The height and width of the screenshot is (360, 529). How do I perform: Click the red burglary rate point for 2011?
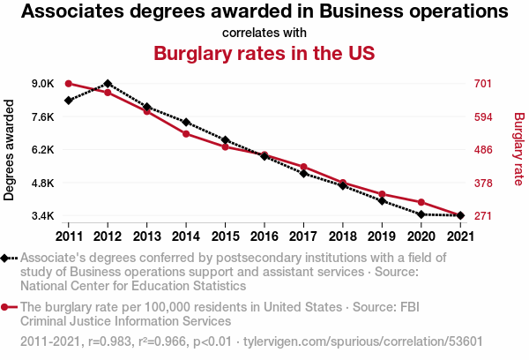click(69, 84)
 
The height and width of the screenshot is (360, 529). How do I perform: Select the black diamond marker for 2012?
click(108, 84)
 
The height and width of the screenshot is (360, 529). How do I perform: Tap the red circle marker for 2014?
click(186, 134)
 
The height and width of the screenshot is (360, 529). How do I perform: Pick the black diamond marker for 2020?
click(421, 214)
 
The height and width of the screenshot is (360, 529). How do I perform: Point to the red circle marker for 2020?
click(421, 202)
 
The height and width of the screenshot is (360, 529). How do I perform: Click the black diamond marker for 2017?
click(303, 174)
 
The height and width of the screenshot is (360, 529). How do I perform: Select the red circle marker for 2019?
click(382, 194)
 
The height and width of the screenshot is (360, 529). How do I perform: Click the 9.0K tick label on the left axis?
click(43, 84)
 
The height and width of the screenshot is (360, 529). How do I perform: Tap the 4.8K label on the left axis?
click(43, 183)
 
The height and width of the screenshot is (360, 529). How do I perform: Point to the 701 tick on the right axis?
click(483, 84)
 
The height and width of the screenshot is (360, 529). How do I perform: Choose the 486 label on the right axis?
click(483, 150)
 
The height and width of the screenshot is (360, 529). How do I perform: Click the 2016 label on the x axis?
click(264, 236)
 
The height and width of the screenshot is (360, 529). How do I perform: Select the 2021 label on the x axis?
click(460, 236)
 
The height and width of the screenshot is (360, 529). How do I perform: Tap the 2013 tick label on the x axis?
click(146, 236)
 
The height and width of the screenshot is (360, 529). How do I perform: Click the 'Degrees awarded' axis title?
click(9, 150)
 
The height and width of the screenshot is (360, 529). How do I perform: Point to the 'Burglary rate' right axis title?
click(519, 149)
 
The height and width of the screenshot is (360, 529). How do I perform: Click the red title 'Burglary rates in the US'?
click(264, 53)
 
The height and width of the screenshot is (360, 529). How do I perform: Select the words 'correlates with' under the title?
click(264, 33)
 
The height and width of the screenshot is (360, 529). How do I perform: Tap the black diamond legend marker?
click(4, 259)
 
